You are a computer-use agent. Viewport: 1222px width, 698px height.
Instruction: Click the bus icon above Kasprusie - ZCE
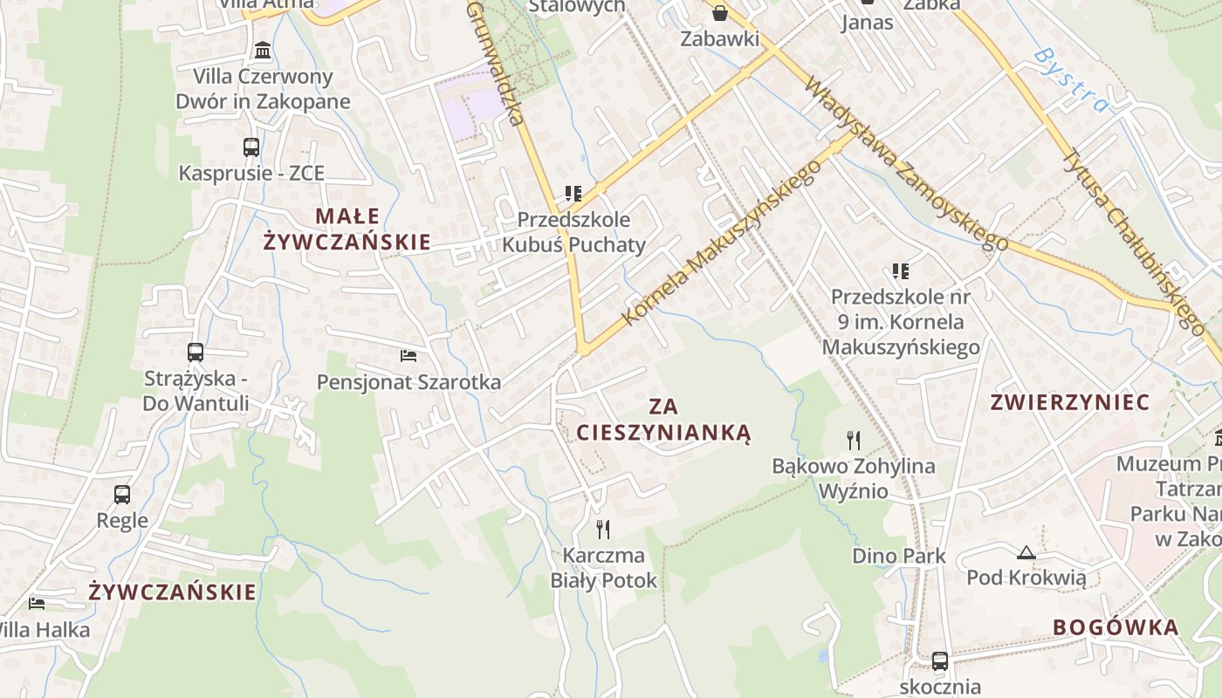pyautogui.click(x=251, y=147)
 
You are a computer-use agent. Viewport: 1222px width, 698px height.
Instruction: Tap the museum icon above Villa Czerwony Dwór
pyautogui.click(x=262, y=50)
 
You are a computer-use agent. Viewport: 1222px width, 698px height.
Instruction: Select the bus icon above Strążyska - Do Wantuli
pyautogui.click(x=196, y=352)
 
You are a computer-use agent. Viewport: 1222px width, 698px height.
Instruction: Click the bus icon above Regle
pyautogui.click(x=122, y=495)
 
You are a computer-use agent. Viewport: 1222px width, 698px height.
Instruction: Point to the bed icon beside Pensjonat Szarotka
pyautogui.click(x=408, y=356)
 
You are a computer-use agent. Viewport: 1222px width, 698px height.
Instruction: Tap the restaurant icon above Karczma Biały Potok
pyautogui.click(x=602, y=529)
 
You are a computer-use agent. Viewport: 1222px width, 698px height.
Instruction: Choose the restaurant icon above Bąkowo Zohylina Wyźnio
pyautogui.click(x=854, y=440)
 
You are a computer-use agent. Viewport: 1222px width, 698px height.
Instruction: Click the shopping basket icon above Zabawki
pyautogui.click(x=720, y=12)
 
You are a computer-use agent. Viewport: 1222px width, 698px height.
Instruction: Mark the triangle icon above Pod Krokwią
pyautogui.click(x=1026, y=551)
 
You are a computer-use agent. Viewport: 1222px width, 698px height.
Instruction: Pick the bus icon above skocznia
pyautogui.click(x=939, y=661)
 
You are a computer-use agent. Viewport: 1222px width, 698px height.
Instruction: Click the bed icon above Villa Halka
pyautogui.click(x=37, y=603)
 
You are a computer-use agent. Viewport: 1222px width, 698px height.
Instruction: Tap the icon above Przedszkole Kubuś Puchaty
pyautogui.click(x=573, y=193)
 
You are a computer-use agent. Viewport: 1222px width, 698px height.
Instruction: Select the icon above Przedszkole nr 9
pyautogui.click(x=901, y=271)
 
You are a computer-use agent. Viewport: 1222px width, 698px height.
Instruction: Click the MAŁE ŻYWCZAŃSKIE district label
pyautogui.click(x=347, y=229)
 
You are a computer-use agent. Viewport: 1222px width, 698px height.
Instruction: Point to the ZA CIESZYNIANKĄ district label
pyautogui.click(x=663, y=419)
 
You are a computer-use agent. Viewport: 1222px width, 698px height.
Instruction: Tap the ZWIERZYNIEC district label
pyautogui.click(x=1070, y=402)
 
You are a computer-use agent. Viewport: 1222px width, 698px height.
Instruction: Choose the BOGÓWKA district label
pyautogui.click(x=1116, y=626)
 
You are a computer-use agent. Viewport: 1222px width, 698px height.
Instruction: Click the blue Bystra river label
pyautogui.click(x=1072, y=80)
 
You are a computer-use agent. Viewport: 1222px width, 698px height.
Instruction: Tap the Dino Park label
pyautogui.click(x=899, y=555)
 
